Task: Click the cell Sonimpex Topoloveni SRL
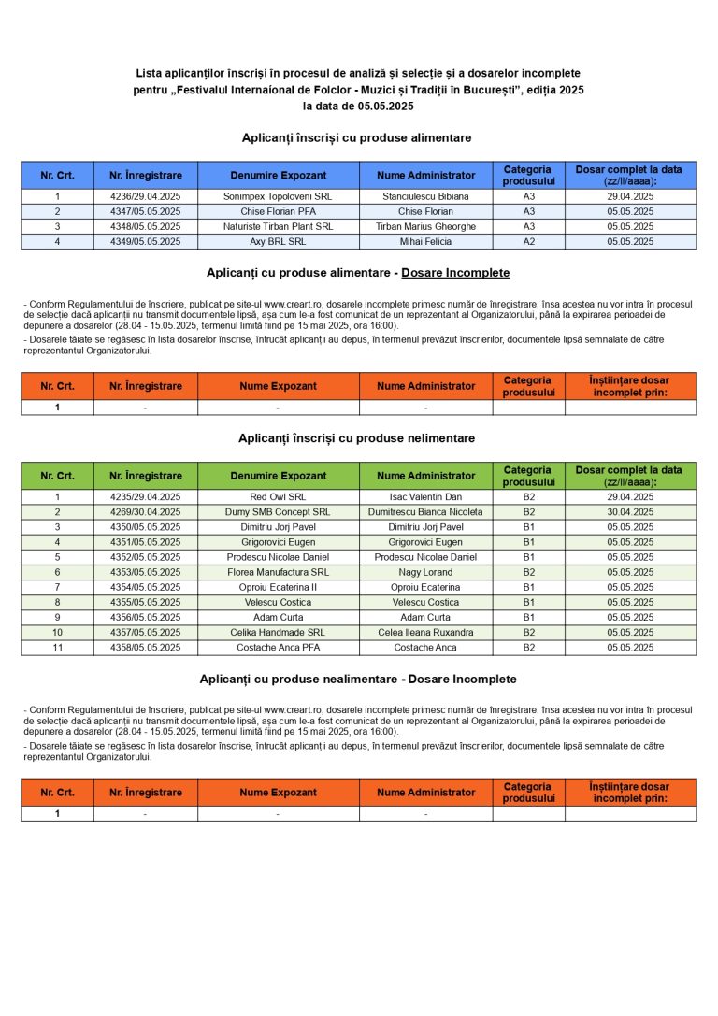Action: (278, 197)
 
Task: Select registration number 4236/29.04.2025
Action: (145, 197)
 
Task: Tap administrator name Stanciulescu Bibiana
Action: (425, 197)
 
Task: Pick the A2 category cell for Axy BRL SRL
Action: (528, 242)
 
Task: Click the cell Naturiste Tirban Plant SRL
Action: (278, 227)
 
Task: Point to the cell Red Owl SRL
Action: (278, 497)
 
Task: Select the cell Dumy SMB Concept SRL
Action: (278, 512)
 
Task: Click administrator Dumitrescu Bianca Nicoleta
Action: (425, 512)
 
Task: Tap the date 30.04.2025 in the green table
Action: (630, 512)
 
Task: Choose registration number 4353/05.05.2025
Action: (145, 572)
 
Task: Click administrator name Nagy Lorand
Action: (425, 572)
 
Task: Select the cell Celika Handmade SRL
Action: (278, 632)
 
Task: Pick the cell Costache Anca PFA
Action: (278, 647)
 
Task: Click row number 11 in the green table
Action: (57, 647)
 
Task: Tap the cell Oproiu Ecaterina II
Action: (278, 587)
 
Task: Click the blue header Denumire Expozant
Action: (278, 176)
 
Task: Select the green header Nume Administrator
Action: (425, 476)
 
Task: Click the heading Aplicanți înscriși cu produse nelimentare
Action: (356, 438)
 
